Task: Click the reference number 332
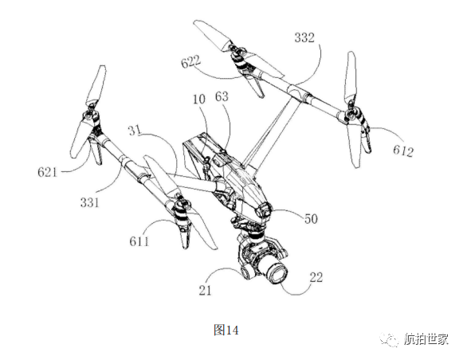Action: coord(304,37)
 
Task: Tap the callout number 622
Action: coord(191,61)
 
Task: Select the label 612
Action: coord(403,151)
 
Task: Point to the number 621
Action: coord(47,172)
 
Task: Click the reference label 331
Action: coord(90,202)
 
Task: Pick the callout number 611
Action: coord(139,241)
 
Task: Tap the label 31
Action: coord(135,130)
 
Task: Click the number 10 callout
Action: coord(199,99)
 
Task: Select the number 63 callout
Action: coord(222,97)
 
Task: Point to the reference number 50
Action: coord(311,219)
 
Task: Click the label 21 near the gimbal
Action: coord(205,291)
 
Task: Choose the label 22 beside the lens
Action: coord(316,277)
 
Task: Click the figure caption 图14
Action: coord(226,330)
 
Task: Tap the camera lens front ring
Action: coord(277,274)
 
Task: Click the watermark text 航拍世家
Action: coord(426,339)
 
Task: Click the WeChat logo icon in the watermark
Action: coord(389,339)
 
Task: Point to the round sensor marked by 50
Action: coord(264,210)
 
